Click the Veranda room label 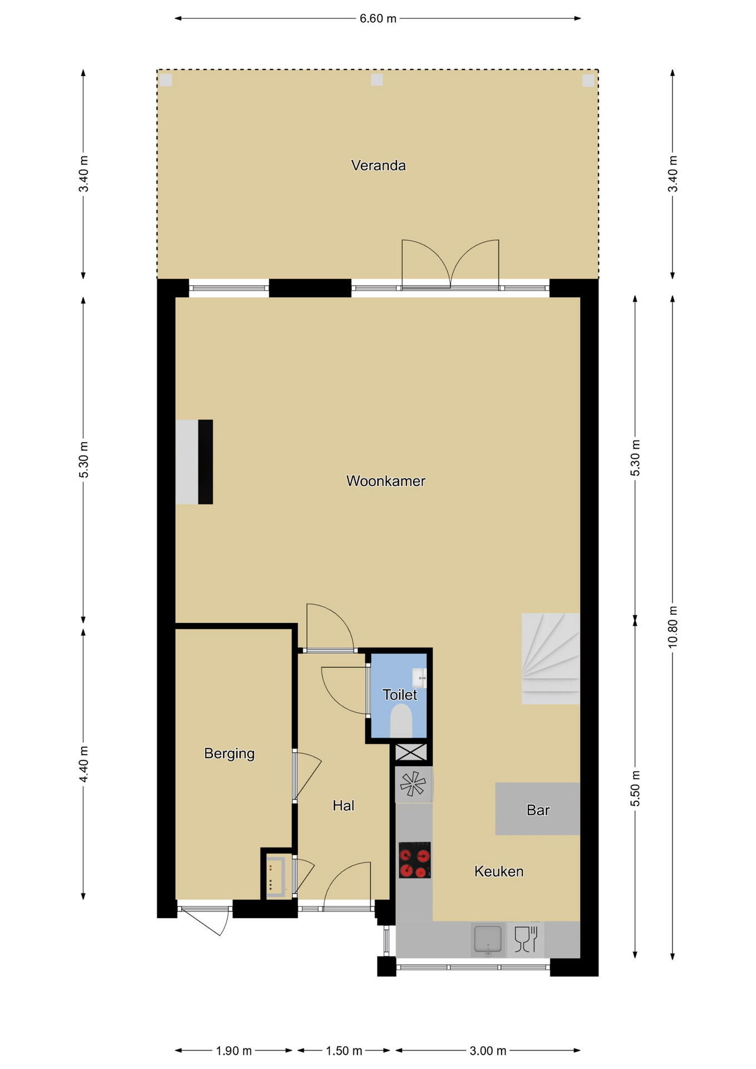pyautogui.click(x=378, y=165)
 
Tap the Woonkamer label pyautogui.click(x=386, y=481)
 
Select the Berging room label pyautogui.click(x=229, y=754)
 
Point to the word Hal pyautogui.click(x=343, y=806)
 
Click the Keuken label pyautogui.click(x=499, y=871)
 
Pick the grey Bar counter pyautogui.click(x=538, y=809)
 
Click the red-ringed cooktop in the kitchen pyautogui.click(x=415, y=860)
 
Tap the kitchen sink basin pyautogui.click(x=488, y=939)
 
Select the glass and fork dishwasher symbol pyautogui.click(x=526, y=939)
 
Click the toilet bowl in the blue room pyautogui.click(x=401, y=720)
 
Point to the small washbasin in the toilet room pyautogui.click(x=420, y=678)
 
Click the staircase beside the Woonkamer pyautogui.click(x=551, y=659)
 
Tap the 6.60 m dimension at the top pyautogui.click(x=378, y=18)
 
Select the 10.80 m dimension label pyautogui.click(x=672, y=627)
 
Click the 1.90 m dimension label pyautogui.click(x=234, y=1051)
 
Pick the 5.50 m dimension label pyautogui.click(x=635, y=788)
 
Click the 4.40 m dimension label pyautogui.click(x=84, y=764)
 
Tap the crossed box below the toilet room pyautogui.click(x=411, y=752)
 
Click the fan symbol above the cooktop pyautogui.click(x=413, y=784)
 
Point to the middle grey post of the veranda pyautogui.click(x=377, y=80)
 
